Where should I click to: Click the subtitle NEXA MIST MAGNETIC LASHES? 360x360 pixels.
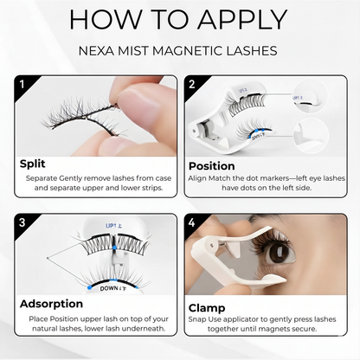(179, 51)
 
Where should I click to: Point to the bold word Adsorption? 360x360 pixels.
(52, 303)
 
